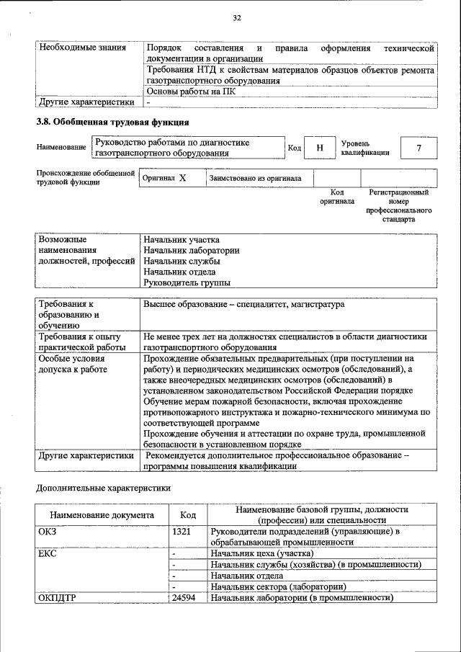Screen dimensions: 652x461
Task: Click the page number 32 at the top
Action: pyautogui.click(x=236, y=18)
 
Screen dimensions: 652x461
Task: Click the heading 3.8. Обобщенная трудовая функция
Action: pyautogui.click(x=112, y=122)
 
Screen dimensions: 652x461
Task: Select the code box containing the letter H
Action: pyautogui.click(x=319, y=148)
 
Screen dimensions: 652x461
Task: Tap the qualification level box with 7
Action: pyautogui.click(x=419, y=148)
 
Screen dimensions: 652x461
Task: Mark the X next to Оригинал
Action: pyautogui.click(x=182, y=178)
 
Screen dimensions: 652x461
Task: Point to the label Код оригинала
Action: pyautogui.click(x=336, y=197)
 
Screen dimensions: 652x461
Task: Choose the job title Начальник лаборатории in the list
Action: pyautogui.click(x=191, y=250)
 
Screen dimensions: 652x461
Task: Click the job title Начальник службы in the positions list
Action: pyautogui.click(x=182, y=261)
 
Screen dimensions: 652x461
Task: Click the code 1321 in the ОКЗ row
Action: pyautogui.click(x=182, y=531)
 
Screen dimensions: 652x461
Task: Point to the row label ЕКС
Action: pyautogui.click(x=48, y=553)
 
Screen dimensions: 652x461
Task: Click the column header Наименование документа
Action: pyautogui.click(x=102, y=515)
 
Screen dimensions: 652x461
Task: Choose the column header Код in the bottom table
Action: pyautogui.click(x=188, y=515)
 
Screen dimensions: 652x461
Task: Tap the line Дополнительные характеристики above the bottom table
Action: pyautogui.click(x=104, y=488)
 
